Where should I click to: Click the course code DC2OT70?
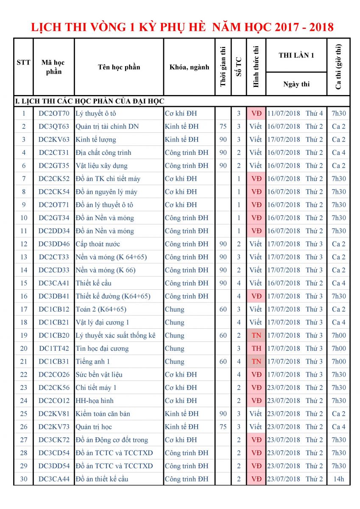(54, 113)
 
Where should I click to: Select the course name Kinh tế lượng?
(96, 140)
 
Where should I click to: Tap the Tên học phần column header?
(119, 67)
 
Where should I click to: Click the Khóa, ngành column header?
(189, 67)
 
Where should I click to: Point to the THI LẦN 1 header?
(296, 55)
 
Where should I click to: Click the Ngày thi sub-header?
(296, 84)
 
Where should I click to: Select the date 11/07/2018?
(283, 113)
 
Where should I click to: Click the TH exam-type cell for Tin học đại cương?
(256, 349)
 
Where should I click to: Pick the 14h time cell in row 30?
(339, 479)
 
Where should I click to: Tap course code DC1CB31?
(54, 362)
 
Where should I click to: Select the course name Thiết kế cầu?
(93, 283)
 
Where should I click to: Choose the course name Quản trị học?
(94, 427)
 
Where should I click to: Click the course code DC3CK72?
(54, 440)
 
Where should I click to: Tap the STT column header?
(23, 62)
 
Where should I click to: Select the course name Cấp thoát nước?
(98, 244)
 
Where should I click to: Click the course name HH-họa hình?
(95, 400)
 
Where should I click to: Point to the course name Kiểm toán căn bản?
(103, 414)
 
